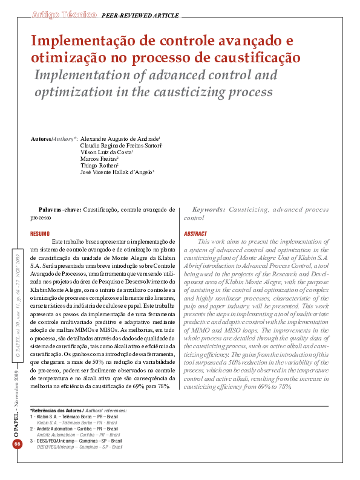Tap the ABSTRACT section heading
[195, 233]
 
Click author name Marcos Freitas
[99, 159]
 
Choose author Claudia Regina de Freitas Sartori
[120, 146]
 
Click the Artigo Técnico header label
[64, 13]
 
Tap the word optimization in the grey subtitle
[74, 92]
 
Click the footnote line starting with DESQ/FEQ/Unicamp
[76, 441]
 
